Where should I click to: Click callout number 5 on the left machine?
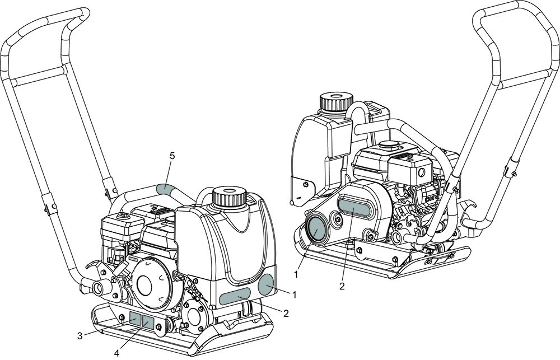(172, 156)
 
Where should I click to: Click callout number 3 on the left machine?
(80, 336)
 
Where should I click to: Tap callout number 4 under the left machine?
(116, 353)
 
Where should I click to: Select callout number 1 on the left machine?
(295, 295)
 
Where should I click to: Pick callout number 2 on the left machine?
(286, 313)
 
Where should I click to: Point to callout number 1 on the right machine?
(296, 274)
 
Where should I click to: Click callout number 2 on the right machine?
(342, 286)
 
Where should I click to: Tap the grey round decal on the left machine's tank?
(267, 284)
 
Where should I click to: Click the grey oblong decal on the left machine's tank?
(235, 297)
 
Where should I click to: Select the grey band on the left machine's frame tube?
(165, 188)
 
